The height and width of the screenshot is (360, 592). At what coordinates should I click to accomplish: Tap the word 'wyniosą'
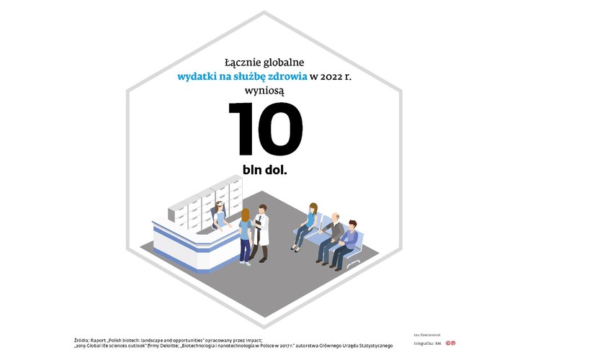[266, 91]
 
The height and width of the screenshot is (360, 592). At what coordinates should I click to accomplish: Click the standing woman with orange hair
[246, 234]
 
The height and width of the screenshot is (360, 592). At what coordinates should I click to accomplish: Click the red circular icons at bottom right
[450, 343]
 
